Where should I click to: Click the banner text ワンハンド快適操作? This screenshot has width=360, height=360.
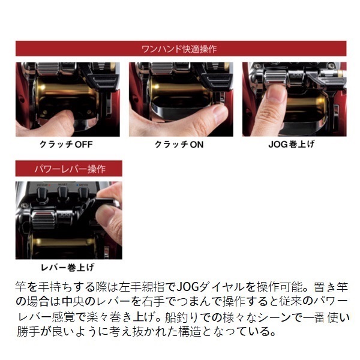pos(181,49)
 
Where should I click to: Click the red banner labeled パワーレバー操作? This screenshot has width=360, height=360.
pos(68,168)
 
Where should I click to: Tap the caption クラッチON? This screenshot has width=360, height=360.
pos(180,145)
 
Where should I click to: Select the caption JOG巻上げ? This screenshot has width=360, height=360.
pos(293,145)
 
